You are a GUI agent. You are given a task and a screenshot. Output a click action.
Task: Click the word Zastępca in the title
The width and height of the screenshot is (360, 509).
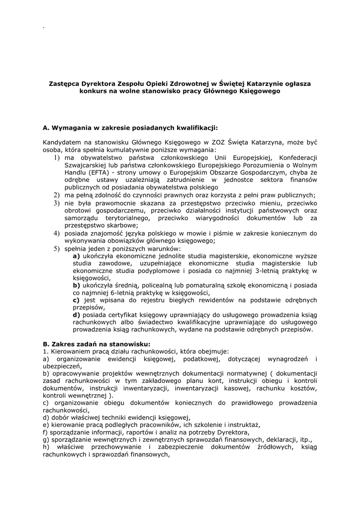tap(63, 84)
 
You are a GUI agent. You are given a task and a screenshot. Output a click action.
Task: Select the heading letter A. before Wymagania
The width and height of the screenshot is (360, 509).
tap(46, 127)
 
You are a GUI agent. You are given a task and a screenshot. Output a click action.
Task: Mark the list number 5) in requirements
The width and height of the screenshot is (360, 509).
tap(57, 248)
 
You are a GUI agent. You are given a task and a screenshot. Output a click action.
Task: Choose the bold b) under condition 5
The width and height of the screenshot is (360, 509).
tap(77, 286)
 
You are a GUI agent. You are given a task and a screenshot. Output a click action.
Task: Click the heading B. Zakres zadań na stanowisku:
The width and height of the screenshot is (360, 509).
tap(96, 343)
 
